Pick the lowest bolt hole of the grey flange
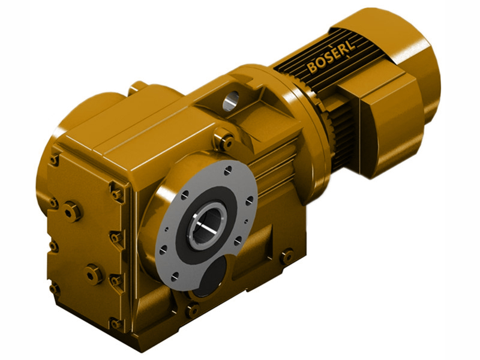[175, 277]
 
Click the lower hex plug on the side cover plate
[94, 274]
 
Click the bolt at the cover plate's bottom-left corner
[55, 289]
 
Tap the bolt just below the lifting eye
[226, 142]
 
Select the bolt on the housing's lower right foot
[286, 256]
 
